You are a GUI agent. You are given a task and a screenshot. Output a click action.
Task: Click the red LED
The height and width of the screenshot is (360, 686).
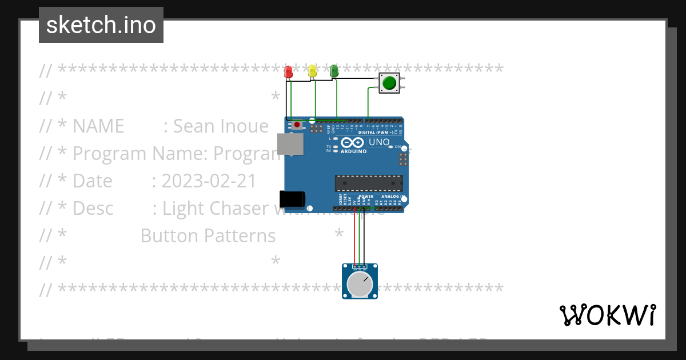[x=289, y=72]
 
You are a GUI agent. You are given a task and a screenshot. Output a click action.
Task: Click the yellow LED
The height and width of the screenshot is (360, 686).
[x=312, y=71]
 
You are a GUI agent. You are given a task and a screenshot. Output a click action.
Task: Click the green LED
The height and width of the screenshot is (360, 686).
[x=334, y=71]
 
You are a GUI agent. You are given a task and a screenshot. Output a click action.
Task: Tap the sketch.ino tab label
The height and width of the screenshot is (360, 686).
[x=101, y=25]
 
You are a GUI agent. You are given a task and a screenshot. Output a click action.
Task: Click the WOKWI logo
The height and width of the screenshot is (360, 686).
[x=607, y=315]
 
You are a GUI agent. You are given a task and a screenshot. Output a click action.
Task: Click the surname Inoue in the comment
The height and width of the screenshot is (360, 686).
[x=242, y=126]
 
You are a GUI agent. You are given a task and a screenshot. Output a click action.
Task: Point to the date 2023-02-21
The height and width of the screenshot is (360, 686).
[x=209, y=181]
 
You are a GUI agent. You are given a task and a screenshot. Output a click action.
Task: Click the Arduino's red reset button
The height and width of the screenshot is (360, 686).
[x=297, y=125]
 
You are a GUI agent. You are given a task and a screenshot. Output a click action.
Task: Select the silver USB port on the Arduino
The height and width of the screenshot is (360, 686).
[x=290, y=144]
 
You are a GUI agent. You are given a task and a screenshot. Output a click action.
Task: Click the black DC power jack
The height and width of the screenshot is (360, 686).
[x=292, y=199]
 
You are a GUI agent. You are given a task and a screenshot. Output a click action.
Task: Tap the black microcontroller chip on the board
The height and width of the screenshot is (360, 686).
[x=369, y=183]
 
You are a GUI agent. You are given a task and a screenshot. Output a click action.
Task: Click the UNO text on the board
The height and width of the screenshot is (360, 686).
[x=379, y=142]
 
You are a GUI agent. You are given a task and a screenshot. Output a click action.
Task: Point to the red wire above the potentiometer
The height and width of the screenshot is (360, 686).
[x=355, y=240]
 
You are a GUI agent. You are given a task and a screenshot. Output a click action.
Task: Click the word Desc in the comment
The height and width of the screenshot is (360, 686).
[x=93, y=208]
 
